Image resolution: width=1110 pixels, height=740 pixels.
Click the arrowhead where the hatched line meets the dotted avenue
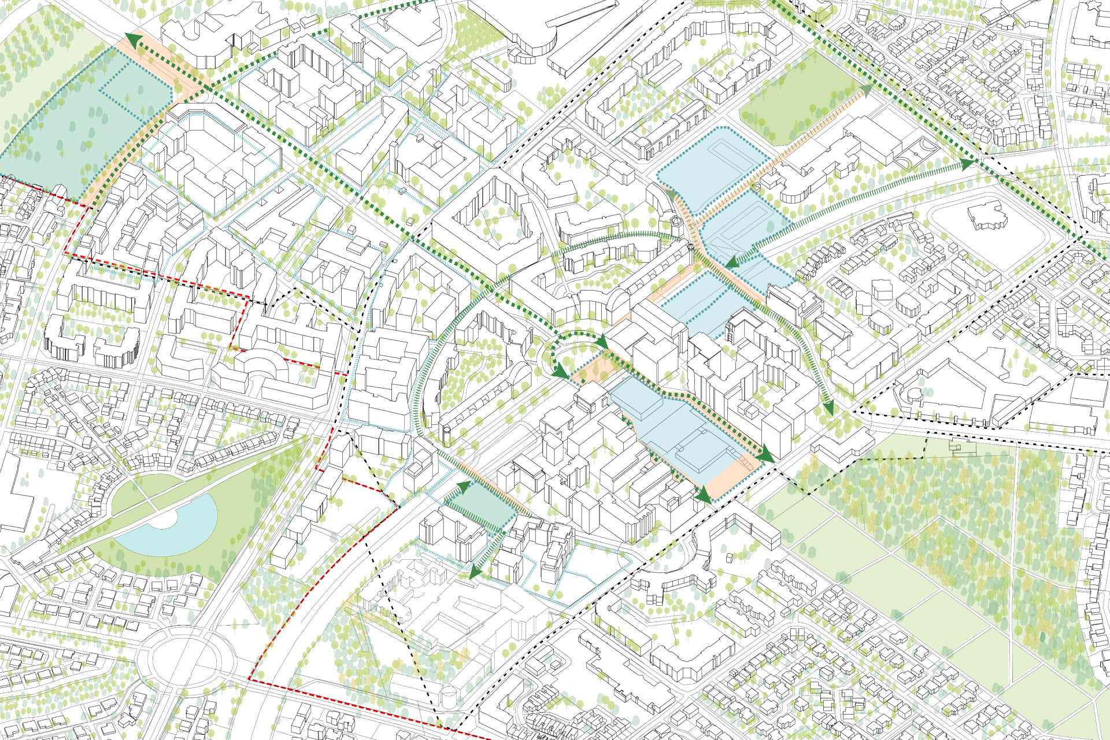pyautogui.click(x=967, y=164)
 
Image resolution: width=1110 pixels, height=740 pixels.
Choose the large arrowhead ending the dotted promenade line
pyautogui.click(x=766, y=454)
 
